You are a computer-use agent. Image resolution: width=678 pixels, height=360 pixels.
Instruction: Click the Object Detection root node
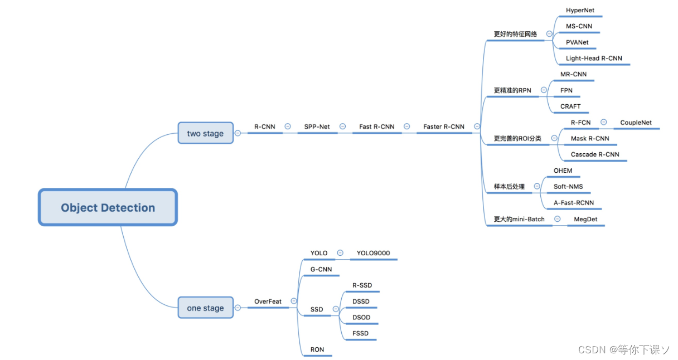pyautogui.click(x=108, y=207)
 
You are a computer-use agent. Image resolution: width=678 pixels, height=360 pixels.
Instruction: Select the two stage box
pyautogui.click(x=205, y=133)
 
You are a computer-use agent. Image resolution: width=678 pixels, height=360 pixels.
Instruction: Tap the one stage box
pyautogui.click(x=205, y=308)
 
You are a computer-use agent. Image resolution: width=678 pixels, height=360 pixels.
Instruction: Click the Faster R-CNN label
pyautogui.click(x=443, y=127)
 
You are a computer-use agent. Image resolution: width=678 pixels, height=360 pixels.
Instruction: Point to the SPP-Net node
pyautogui.click(x=317, y=127)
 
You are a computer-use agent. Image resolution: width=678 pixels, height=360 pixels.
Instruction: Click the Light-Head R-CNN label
pyautogui.click(x=594, y=58)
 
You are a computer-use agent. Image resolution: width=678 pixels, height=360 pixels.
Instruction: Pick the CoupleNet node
pyautogui.click(x=636, y=123)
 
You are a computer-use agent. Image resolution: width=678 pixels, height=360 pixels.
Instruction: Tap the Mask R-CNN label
pyautogui.click(x=590, y=138)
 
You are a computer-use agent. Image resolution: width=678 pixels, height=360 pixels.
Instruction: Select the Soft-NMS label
pyautogui.click(x=568, y=187)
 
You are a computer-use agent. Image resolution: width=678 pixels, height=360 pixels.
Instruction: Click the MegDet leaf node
pyautogui.click(x=585, y=219)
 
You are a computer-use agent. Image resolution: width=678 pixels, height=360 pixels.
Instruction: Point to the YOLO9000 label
pyautogui.click(x=373, y=253)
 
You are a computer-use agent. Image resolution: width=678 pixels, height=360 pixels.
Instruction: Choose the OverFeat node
pyautogui.click(x=268, y=301)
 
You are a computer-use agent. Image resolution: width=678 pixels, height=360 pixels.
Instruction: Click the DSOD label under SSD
pyautogui.click(x=361, y=317)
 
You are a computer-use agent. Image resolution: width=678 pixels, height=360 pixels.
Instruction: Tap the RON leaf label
pyautogui.click(x=317, y=349)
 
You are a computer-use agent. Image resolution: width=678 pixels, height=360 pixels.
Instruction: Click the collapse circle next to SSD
pyautogui.click(x=336, y=309)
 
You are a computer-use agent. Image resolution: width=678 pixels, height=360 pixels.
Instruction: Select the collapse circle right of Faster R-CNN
pyautogui.click(x=477, y=127)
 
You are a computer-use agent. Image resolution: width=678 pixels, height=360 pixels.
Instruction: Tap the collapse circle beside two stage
pyautogui.click(x=238, y=133)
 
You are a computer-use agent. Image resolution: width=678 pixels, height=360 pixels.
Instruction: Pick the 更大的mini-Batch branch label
pyautogui.click(x=519, y=219)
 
